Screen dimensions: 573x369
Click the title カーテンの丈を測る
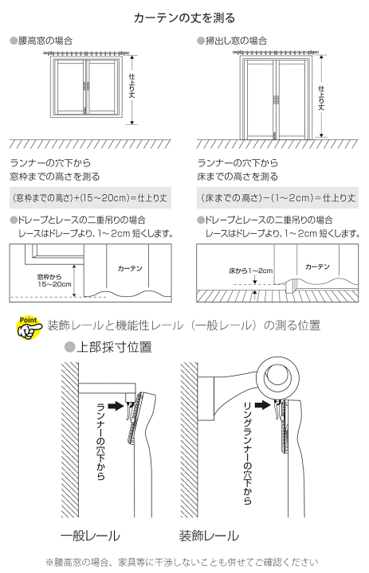click(x=184, y=17)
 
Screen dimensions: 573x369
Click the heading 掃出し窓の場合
click(x=230, y=40)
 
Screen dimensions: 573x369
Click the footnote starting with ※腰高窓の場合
click(x=181, y=562)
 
